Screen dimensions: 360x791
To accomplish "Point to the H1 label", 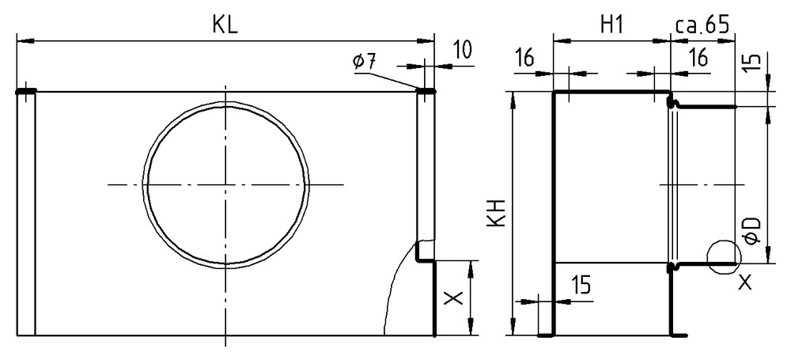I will (611, 25).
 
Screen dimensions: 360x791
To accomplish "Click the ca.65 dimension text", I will (702, 25).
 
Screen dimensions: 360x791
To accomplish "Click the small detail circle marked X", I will (724, 255).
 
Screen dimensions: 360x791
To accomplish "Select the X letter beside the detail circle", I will (745, 282).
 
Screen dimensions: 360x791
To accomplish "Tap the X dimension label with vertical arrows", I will (453, 298).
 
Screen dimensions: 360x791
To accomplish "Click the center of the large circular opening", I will (225, 184).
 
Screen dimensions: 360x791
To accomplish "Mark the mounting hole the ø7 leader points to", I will (426, 91).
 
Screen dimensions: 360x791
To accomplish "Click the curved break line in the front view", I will (392, 293).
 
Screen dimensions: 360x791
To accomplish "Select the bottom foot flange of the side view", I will (545, 335).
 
